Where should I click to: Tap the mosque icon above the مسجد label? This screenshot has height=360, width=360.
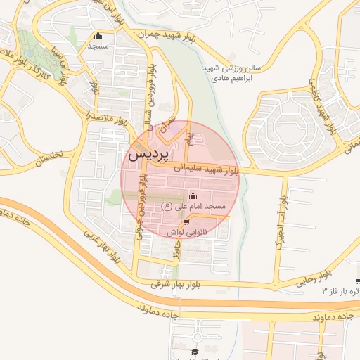pyautogui.click(x=98, y=37)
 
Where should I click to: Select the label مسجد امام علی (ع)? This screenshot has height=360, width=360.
pyautogui.click(x=193, y=206)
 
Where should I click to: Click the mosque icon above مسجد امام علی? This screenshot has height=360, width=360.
pyautogui.click(x=193, y=195)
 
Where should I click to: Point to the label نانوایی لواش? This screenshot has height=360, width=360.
pyautogui.click(x=186, y=231)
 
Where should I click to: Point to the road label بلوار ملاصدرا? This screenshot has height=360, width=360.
pyautogui.click(x=106, y=115)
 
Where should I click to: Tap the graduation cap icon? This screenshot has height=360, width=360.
pyautogui.click(x=195, y=352)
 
